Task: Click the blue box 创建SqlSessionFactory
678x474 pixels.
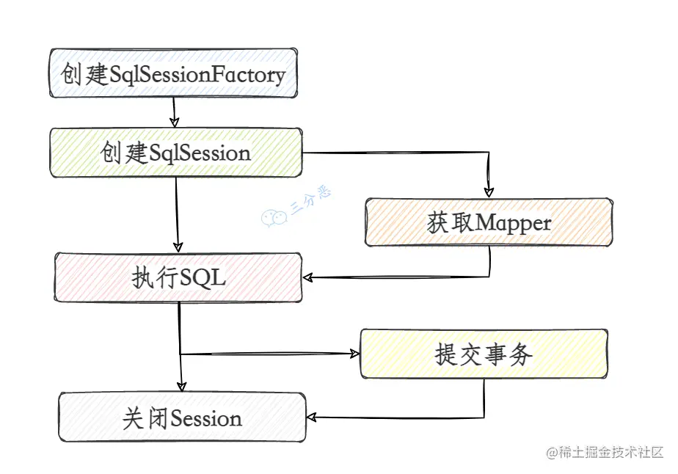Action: [173, 73]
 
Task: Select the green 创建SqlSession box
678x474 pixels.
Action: [175, 153]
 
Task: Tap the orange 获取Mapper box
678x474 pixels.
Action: [489, 222]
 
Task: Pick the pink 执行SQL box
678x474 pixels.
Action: [178, 278]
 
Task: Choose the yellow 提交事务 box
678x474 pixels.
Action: [484, 354]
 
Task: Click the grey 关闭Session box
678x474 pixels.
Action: [182, 418]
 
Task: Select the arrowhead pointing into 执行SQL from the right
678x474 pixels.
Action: [310, 278]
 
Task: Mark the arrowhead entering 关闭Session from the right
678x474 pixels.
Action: [312, 418]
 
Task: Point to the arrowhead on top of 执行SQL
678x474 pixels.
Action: [177, 247]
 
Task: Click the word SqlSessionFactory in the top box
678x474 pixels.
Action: [197, 74]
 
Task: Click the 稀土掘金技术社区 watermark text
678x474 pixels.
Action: [610, 453]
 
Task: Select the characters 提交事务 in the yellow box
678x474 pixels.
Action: [484, 354]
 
